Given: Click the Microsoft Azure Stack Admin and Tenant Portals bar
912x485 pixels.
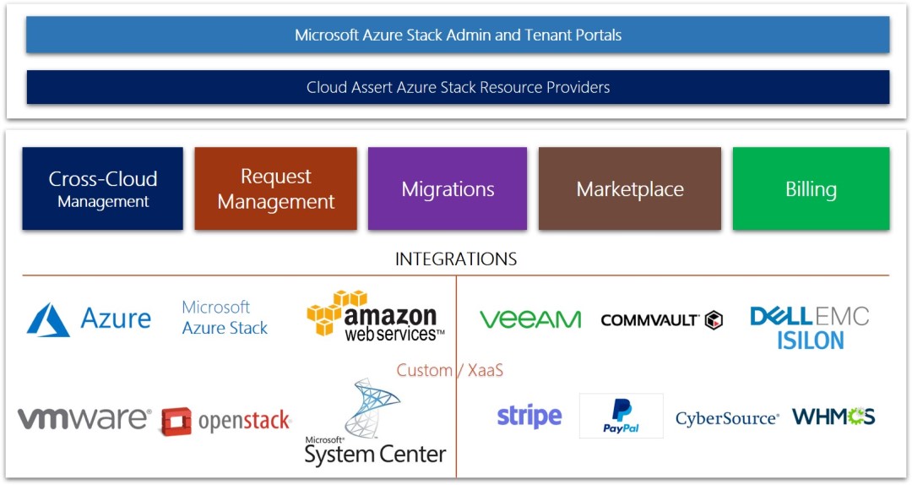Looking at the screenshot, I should coord(458,35).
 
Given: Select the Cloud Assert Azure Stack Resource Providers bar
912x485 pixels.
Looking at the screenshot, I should coord(458,87).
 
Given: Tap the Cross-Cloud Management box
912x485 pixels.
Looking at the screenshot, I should coord(102,188).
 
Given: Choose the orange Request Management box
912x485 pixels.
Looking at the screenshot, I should coord(275,188).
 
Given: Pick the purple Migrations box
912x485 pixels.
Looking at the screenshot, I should coord(448,188).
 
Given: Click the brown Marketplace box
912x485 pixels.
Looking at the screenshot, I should coord(630,188).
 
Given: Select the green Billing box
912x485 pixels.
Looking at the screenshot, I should coord(811,188).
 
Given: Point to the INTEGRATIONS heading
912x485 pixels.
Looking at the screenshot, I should coord(456,259).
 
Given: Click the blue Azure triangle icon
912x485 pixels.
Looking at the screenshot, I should coord(48,320).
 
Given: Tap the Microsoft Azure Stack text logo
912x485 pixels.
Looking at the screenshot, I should coord(225,318).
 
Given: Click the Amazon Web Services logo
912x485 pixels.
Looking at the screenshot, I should coord(375,317).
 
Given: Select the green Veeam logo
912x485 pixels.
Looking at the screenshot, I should coord(530,319).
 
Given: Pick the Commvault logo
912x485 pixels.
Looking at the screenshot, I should coord(661,319).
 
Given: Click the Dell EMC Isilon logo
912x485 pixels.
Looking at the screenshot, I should coord(809,328).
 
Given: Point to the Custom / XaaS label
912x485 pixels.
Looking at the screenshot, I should coord(450,370).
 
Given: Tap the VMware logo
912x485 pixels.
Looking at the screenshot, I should coord(84,418).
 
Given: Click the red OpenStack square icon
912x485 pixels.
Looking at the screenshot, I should coord(176,421).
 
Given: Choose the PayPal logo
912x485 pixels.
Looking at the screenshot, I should coord(621,416).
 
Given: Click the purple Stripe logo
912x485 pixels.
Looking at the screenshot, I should coord(529,417).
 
